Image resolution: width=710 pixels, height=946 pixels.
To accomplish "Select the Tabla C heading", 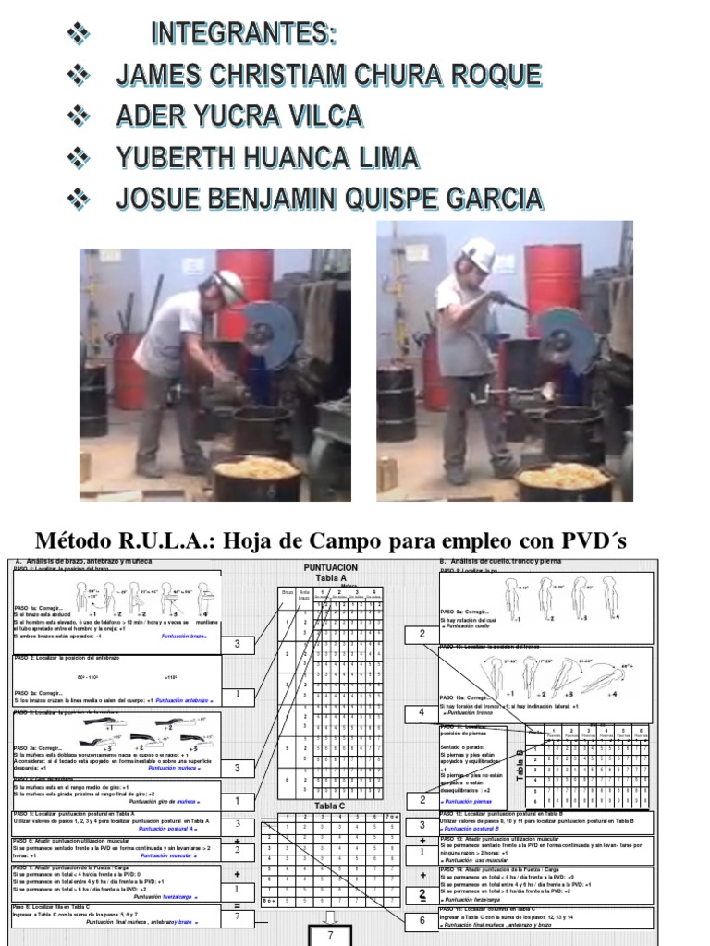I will (x=329, y=805).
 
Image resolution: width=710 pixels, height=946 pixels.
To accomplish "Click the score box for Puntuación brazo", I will (x=238, y=644).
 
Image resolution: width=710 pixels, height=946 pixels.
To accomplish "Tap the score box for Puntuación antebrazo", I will (x=238, y=694).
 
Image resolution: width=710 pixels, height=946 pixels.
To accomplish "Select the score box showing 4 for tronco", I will (x=422, y=713).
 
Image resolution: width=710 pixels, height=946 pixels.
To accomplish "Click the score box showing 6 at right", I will (x=422, y=920).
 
